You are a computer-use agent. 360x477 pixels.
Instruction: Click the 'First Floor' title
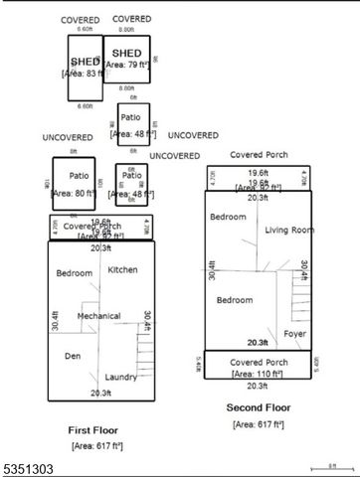(x=94, y=430)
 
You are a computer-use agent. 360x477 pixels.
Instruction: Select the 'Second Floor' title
(x=258, y=407)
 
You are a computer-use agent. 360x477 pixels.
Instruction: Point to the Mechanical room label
(x=99, y=316)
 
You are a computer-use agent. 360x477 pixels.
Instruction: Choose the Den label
(x=73, y=355)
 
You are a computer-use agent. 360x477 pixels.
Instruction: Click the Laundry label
(x=121, y=377)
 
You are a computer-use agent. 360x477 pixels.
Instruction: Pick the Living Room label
(x=288, y=230)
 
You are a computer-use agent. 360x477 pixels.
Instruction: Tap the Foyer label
(x=294, y=333)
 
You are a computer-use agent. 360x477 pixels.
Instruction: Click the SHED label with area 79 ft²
(x=126, y=53)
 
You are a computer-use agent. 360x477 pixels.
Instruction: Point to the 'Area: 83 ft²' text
(x=85, y=74)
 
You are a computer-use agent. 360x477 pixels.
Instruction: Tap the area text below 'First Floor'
(x=96, y=446)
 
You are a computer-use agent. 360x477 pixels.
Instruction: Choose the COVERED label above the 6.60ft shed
(x=80, y=20)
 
